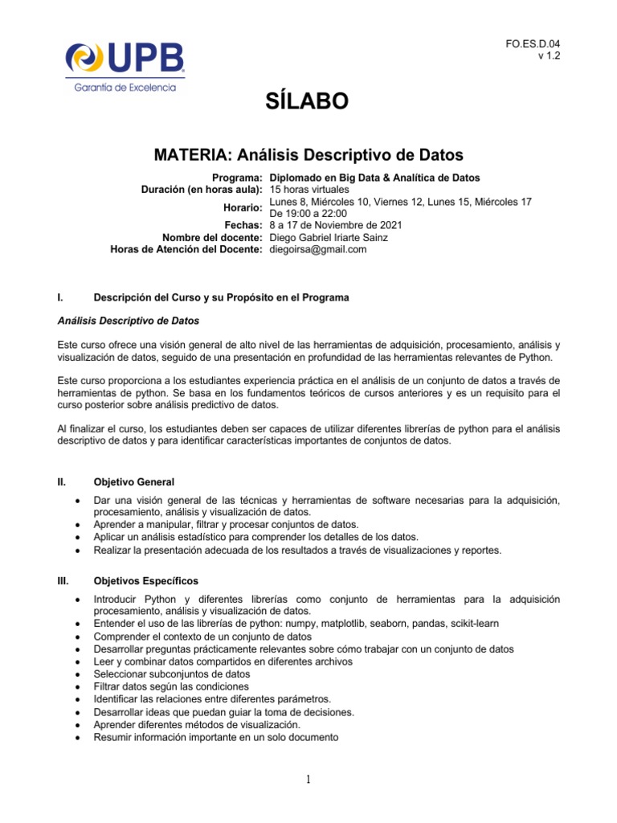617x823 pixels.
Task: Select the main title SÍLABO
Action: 308,101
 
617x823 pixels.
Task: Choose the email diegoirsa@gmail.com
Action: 317,249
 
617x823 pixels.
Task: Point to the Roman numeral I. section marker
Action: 61,297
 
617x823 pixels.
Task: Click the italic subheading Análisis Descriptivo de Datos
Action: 129,320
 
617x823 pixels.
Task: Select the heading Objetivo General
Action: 134,482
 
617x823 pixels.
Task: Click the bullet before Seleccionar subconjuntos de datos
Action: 76,674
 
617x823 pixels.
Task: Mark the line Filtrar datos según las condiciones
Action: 171,686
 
